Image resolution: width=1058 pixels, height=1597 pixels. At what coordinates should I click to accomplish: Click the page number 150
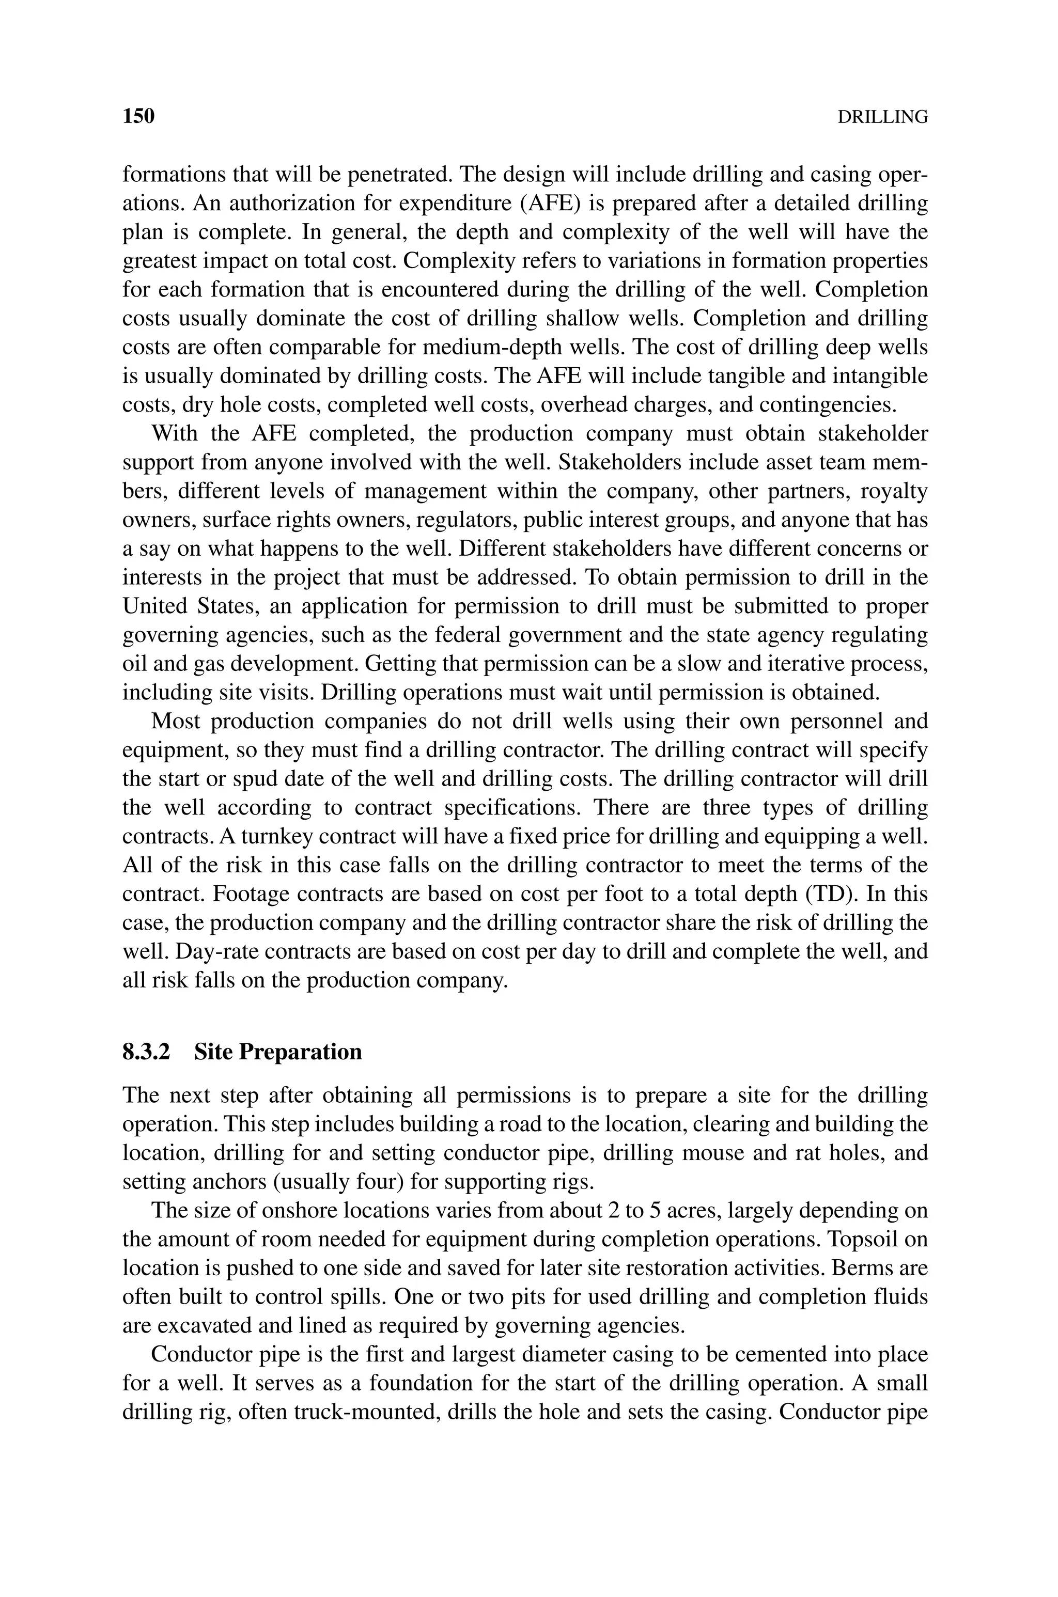(x=138, y=116)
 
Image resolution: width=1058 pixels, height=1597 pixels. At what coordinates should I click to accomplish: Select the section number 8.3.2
(x=146, y=1052)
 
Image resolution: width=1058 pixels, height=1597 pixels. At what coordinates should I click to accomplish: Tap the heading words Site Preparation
(x=278, y=1052)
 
